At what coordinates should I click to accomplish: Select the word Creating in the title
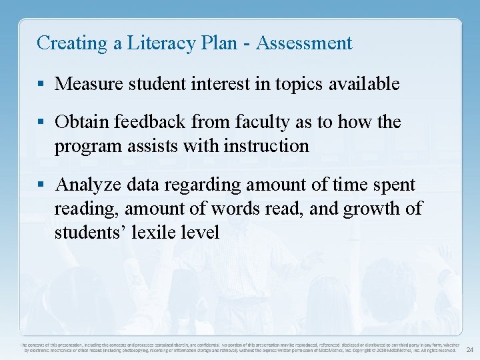[x=63, y=43]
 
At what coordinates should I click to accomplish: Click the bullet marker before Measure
[x=42, y=85]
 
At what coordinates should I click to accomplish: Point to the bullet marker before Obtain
[x=42, y=123]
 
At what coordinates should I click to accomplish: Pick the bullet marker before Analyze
[x=42, y=185]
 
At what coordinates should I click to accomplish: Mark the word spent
[x=394, y=185]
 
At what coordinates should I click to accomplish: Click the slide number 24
[x=469, y=349]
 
